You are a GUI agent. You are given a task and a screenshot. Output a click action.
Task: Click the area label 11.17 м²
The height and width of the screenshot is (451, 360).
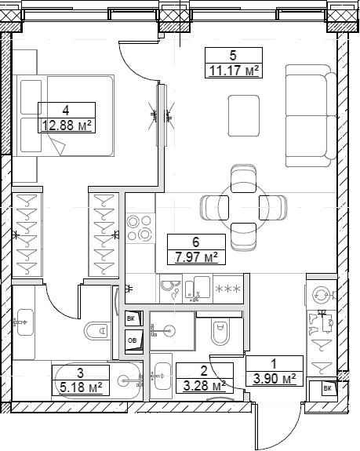click(232, 71)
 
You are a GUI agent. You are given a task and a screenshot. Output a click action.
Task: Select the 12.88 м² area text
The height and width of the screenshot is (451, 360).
click(67, 125)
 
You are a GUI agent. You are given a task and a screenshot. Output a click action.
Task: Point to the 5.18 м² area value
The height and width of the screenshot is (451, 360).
click(80, 387)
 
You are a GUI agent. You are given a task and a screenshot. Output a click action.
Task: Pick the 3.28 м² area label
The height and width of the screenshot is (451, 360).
click(201, 384)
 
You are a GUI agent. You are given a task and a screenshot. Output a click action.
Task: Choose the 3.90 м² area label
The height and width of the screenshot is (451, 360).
click(274, 378)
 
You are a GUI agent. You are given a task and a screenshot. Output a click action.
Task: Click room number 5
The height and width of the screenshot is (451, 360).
click(232, 56)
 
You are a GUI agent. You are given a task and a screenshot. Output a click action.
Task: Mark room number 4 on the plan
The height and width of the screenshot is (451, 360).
click(67, 110)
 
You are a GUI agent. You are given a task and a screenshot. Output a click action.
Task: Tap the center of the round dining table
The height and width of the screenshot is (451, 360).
click(233, 205)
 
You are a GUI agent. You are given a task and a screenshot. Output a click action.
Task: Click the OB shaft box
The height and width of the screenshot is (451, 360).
click(132, 340)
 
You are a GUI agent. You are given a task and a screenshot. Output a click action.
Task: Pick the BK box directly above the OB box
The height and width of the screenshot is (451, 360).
click(132, 318)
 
